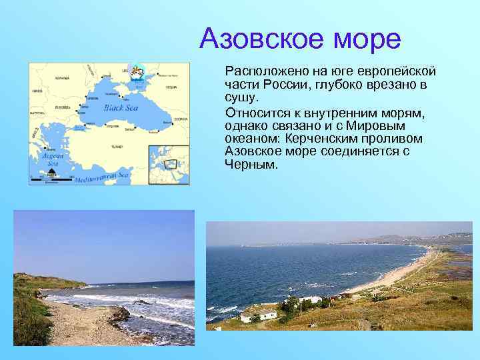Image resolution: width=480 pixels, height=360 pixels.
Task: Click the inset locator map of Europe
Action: click(x=168, y=164)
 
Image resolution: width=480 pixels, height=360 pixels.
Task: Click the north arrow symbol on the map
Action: click(x=51, y=172)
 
